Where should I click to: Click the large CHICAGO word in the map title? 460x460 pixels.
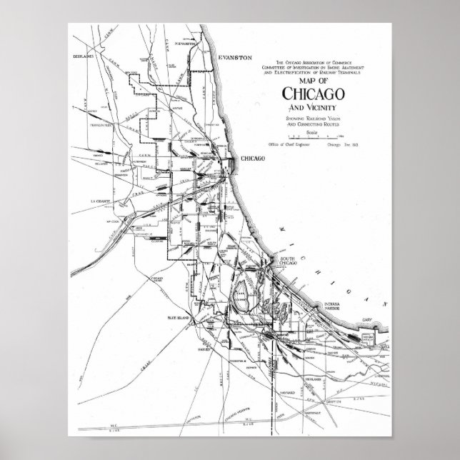[x=311, y=94]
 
